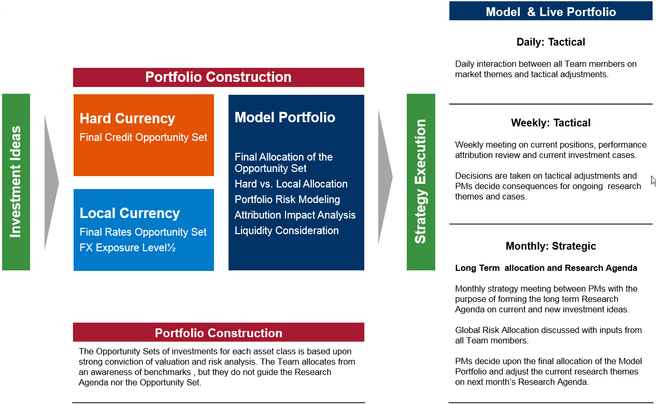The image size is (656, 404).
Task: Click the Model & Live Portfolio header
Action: pyautogui.click(x=551, y=12)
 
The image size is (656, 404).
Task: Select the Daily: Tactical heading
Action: pyautogui.click(x=551, y=42)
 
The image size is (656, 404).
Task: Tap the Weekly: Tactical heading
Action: pyautogui.click(x=551, y=123)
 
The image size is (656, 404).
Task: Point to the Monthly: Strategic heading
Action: pyautogui.click(x=551, y=246)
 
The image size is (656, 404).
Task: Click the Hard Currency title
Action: pyautogui.click(x=127, y=119)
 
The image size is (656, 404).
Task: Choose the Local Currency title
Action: pyautogui.click(x=130, y=213)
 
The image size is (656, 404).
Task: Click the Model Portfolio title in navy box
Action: pyautogui.click(x=285, y=118)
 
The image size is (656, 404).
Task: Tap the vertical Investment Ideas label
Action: pyautogui.click(x=16, y=182)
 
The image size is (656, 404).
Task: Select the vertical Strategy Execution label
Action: pyautogui.click(x=421, y=181)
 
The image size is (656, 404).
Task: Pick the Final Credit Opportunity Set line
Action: pyautogui.click(x=143, y=137)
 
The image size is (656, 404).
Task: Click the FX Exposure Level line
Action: pyautogui.click(x=127, y=248)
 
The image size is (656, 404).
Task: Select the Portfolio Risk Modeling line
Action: pyautogui.click(x=287, y=199)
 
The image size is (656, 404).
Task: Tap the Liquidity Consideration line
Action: pyautogui.click(x=287, y=230)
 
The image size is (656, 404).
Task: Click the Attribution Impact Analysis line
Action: pyautogui.click(x=295, y=215)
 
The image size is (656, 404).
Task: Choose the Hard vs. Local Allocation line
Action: pyautogui.click(x=291, y=184)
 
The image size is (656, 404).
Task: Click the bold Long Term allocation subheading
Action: pyautogui.click(x=546, y=268)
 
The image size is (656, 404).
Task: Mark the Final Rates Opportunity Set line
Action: pyautogui.click(x=143, y=232)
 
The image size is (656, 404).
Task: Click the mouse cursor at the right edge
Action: pyautogui.click(x=653, y=181)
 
